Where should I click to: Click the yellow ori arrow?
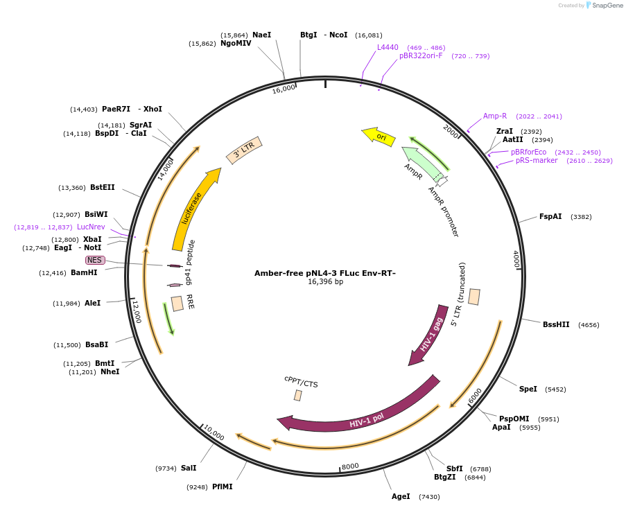[x=379, y=137]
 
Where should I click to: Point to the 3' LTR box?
[x=244, y=150]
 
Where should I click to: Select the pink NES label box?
[x=95, y=260]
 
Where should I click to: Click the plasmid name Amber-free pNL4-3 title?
[x=325, y=273]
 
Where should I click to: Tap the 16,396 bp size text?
[x=325, y=282]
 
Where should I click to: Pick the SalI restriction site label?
[x=189, y=468]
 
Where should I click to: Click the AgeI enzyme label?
[x=401, y=496]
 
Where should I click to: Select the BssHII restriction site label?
[x=556, y=324]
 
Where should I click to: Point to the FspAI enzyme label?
[x=550, y=217]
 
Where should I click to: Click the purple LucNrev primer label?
[x=91, y=227]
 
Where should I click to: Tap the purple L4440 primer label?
[x=388, y=47]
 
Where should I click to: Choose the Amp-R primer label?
[x=495, y=116]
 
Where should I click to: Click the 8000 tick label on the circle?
[x=350, y=466]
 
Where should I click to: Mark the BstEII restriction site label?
[x=103, y=187]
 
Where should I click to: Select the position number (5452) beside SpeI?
[x=555, y=389]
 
